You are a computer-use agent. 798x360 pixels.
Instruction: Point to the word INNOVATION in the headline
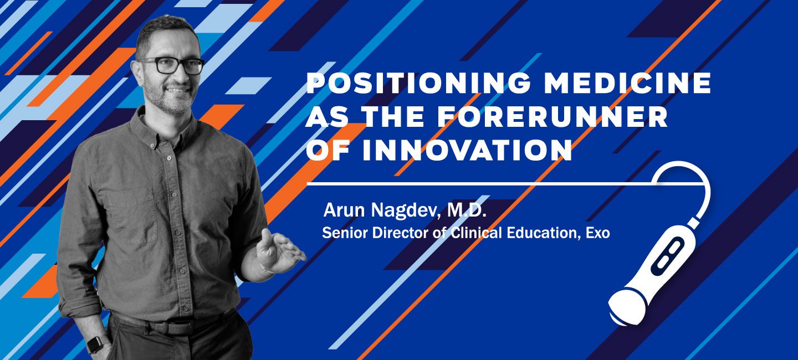(467, 150)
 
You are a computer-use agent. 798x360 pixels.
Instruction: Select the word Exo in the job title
(598, 233)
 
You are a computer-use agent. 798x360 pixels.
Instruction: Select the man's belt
(171, 325)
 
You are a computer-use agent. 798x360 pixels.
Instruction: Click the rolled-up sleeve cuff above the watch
(82, 309)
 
